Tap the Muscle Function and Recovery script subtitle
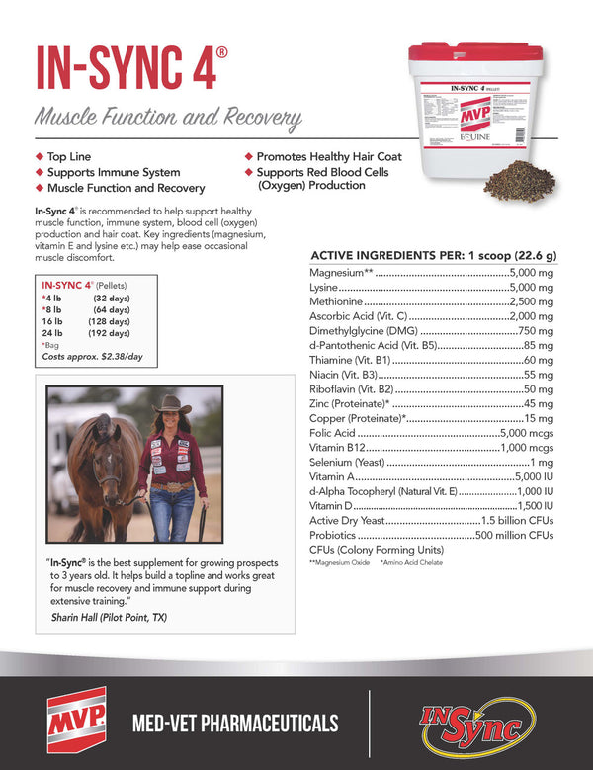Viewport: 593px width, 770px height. [x=168, y=119]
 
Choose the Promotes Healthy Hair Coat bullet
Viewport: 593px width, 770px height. [x=322, y=157]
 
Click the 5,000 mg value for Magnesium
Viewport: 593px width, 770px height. [x=534, y=272]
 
